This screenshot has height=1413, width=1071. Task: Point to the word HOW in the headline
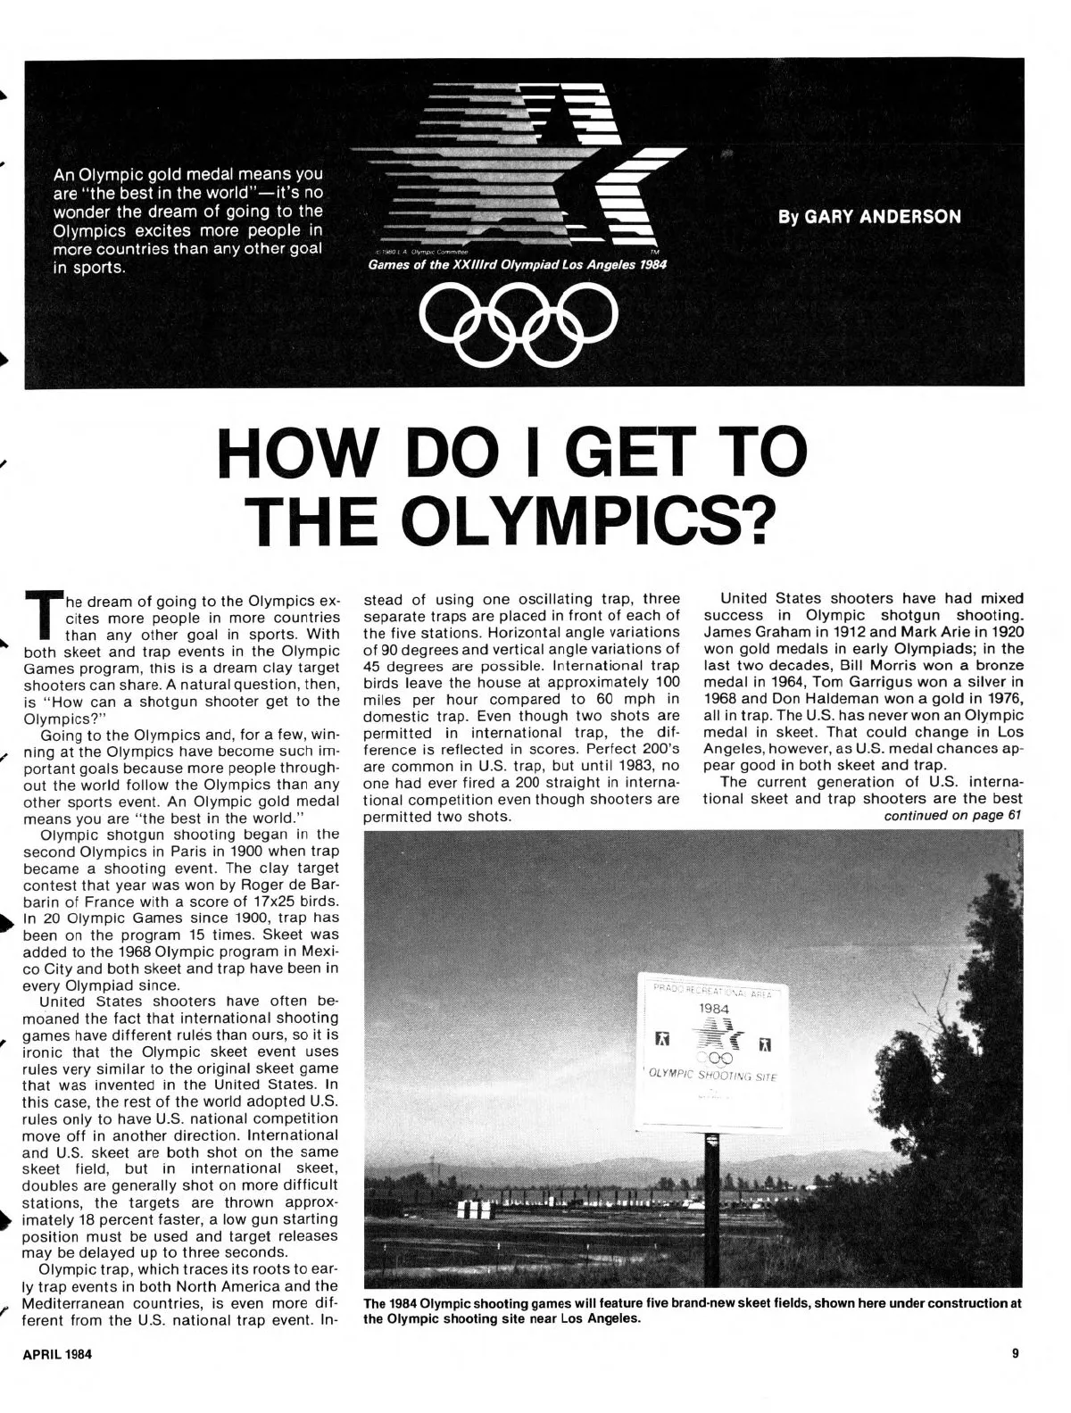295,454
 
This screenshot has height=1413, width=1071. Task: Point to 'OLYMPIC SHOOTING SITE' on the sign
713,1076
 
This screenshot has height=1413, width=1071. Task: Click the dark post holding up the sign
711,1187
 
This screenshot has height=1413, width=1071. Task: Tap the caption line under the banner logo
517,265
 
